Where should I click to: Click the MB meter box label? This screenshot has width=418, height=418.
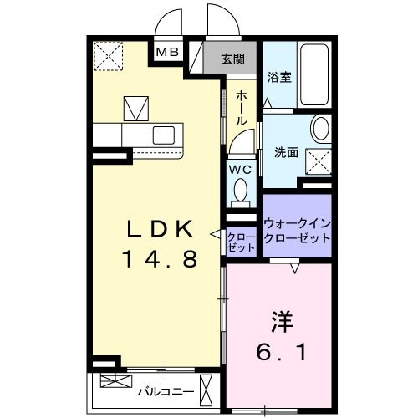click(167, 52)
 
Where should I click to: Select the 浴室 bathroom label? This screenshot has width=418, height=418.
click(278, 77)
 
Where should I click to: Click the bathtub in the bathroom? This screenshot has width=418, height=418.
click(314, 74)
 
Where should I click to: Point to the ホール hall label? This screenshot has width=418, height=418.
click(241, 109)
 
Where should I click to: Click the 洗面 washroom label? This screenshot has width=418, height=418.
click(287, 152)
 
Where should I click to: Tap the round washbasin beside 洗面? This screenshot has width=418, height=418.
click(320, 130)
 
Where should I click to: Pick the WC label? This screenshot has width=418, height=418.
click(241, 168)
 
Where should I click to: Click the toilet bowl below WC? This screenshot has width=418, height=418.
click(241, 191)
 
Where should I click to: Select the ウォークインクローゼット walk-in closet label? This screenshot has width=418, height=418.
click(297, 230)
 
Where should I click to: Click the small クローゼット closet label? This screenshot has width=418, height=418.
click(241, 242)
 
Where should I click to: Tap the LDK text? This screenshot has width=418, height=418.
click(161, 227)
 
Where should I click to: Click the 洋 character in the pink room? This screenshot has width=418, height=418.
click(281, 320)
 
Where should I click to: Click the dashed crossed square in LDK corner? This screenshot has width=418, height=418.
click(107, 57)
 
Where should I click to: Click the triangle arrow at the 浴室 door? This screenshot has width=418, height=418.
click(267, 102)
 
